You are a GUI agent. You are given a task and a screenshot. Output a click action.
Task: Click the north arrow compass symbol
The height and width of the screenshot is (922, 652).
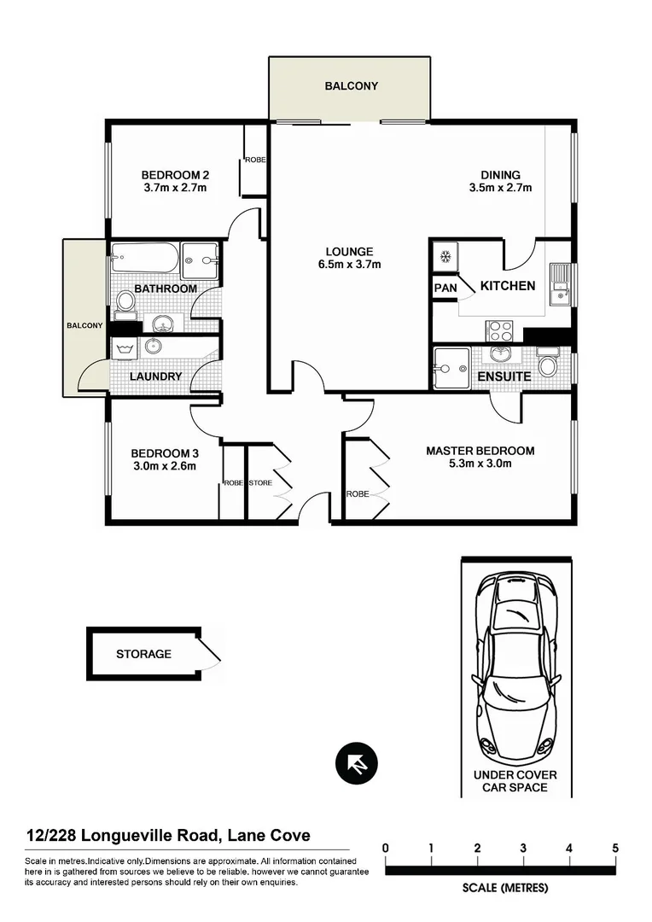356,763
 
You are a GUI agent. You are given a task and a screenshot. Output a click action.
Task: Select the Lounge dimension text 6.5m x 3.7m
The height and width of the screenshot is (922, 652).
349,265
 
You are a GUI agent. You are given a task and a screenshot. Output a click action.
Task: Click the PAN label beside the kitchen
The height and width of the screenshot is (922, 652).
445,289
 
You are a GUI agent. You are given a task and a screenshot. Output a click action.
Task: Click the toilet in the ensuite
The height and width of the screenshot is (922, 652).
548,365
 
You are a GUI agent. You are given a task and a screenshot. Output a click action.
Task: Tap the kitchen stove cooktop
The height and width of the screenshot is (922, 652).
498,329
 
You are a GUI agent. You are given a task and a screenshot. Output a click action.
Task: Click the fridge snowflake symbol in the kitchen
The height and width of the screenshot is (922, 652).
445,255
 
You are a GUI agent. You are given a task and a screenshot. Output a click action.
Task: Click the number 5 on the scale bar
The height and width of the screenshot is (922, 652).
615,848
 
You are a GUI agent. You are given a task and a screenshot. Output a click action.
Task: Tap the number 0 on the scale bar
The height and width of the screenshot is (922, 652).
387,848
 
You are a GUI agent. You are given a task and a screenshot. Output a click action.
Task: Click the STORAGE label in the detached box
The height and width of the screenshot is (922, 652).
143,654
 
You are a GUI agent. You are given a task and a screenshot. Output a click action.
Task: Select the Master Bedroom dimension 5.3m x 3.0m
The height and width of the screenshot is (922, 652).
480,464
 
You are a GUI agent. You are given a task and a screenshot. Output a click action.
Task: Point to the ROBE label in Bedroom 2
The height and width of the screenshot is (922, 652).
255,160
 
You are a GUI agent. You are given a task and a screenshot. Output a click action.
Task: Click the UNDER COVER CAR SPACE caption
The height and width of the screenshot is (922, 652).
515,780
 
